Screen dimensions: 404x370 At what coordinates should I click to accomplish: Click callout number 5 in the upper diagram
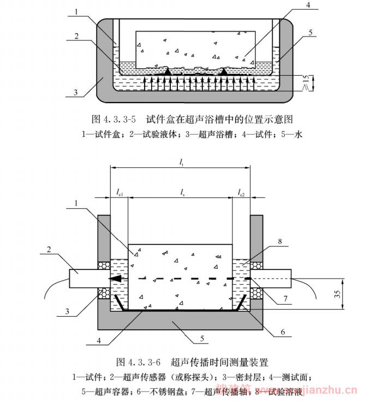point(310,33)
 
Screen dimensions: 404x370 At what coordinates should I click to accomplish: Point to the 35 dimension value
point(338,294)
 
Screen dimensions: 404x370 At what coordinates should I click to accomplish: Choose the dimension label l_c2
point(241,192)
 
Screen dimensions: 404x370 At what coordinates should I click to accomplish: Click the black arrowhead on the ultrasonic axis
point(115,279)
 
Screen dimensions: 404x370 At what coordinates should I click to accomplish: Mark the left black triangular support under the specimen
point(168,71)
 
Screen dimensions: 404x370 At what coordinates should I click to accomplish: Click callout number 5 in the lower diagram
point(201,338)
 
